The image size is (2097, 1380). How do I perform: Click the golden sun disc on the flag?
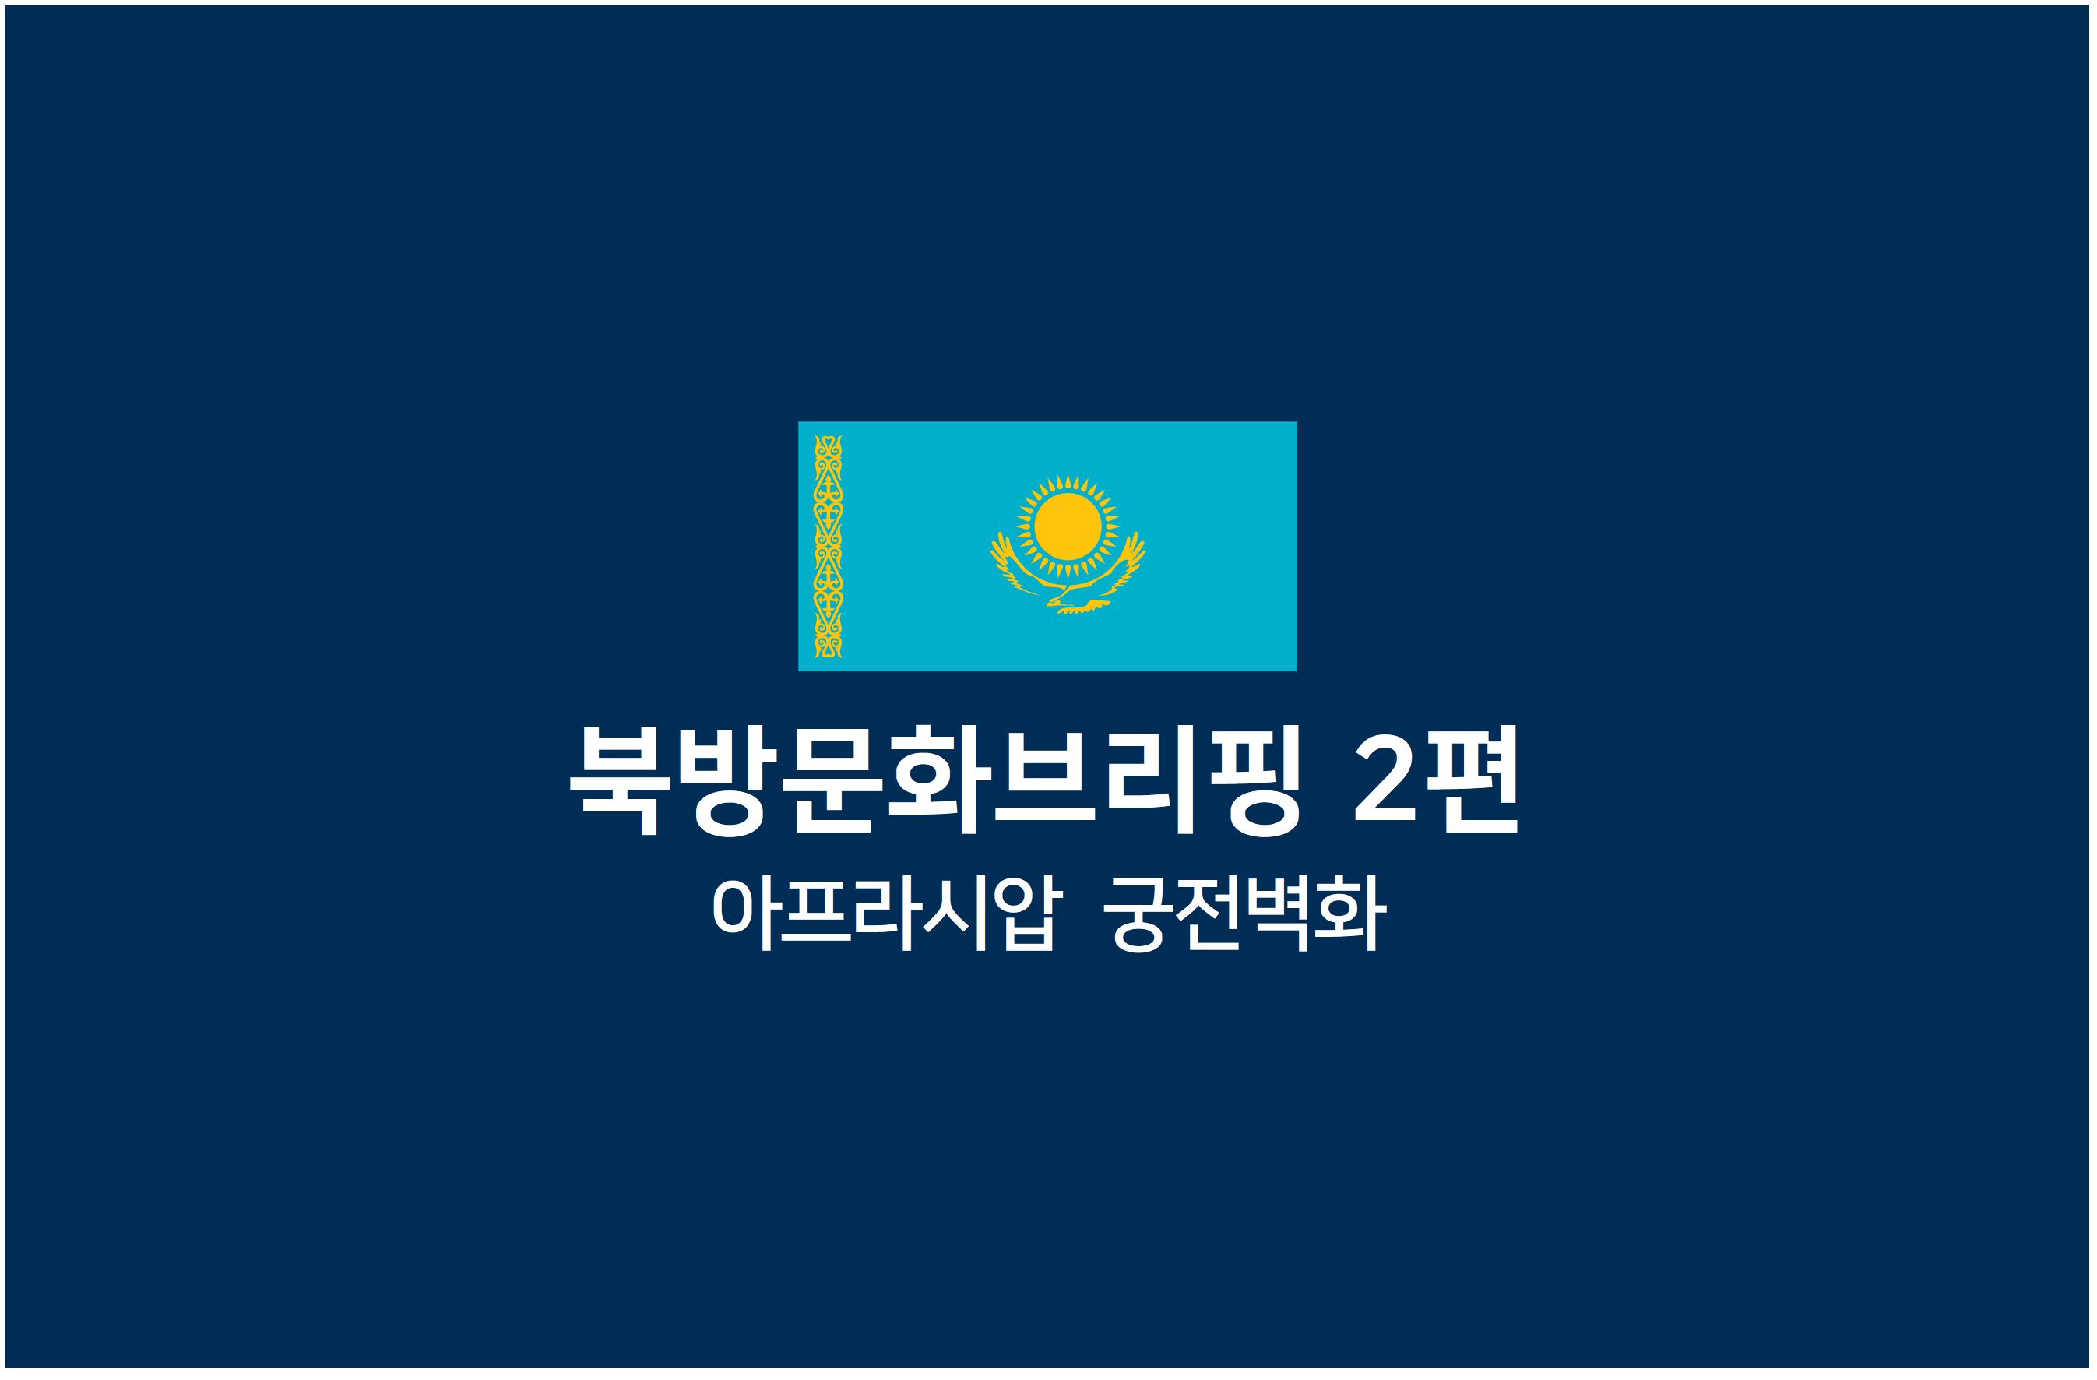[x=1067, y=526]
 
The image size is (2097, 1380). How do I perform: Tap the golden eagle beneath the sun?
[x=1068, y=575]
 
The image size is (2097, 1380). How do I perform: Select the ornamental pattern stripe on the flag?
[x=829, y=547]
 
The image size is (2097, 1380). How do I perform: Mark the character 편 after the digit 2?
[x=1473, y=779]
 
